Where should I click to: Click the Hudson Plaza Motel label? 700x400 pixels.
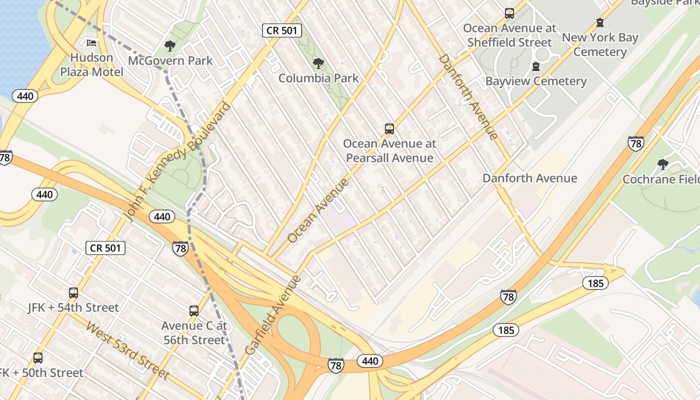click(91, 65)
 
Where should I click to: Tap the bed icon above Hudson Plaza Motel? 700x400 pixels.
click(91, 43)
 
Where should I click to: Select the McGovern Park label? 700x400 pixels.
click(170, 61)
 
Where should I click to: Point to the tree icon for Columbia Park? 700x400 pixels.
click(318, 63)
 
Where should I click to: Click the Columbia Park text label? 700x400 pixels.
click(318, 78)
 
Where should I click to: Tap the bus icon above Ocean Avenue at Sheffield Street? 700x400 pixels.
click(509, 13)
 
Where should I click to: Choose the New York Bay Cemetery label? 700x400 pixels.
click(600, 44)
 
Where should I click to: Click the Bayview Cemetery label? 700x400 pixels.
click(536, 81)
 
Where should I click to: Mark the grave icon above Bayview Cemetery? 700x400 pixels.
click(536, 66)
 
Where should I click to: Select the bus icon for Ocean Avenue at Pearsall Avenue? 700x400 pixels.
click(389, 129)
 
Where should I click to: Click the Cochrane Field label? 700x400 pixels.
click(661, 179)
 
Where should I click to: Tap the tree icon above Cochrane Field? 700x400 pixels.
click(663, 164)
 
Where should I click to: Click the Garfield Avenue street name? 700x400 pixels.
click(272, 315)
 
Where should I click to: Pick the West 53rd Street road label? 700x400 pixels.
click(128, 350)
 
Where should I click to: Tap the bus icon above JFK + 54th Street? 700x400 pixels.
click(73, 293)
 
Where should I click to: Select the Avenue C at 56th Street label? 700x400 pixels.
click(194, 333)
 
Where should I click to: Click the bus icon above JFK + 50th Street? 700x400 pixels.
click(38, 358)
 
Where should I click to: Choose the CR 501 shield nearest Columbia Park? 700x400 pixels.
click(282, 30)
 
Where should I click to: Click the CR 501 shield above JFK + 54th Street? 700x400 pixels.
click(105, 247)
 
